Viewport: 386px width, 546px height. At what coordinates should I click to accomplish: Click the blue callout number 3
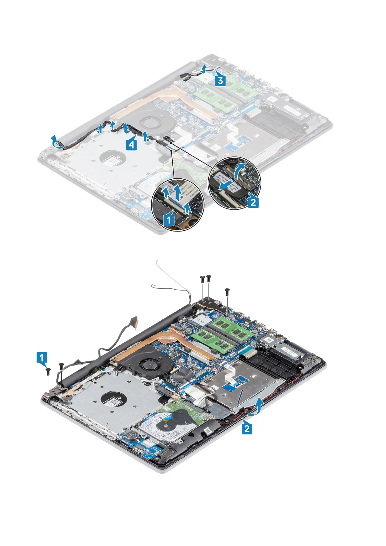coord(220,80)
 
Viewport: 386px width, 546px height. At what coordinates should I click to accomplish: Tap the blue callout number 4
coord(131,145)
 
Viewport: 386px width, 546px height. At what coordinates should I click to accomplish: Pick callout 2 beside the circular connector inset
coord(253,202)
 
